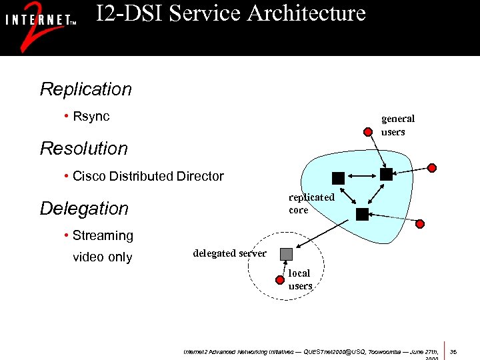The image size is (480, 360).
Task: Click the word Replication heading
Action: [86, 89]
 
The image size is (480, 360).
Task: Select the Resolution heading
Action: [84, 149]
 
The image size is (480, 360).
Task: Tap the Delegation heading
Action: [84, 209]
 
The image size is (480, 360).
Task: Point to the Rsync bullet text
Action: [91, 117]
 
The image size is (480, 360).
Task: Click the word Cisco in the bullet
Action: [89, 177]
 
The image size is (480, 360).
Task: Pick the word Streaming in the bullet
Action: [103, 236]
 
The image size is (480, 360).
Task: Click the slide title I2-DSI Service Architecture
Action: [231, 13]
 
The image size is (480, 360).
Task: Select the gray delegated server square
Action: [286, 254]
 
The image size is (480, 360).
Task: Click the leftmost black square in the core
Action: [338, 178]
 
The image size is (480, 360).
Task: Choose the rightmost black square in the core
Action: [386, 175]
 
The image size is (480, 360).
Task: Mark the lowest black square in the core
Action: [362, 214]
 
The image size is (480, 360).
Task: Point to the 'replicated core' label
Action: [311, 203]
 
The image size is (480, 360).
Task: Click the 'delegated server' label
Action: [229, 253]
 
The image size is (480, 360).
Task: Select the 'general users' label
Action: [397, 125]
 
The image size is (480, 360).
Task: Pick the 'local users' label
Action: [300, 279]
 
